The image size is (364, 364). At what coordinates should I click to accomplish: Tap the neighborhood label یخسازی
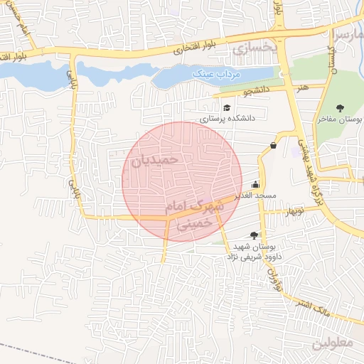pyautogui.click(x=252, y=48)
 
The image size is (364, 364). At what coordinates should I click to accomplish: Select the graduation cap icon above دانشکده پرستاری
pyautogui.click(x=227, y=108)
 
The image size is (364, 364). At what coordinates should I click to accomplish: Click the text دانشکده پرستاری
pyautogui.click(x=227, y=119)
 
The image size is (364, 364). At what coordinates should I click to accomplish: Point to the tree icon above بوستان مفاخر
pyautogui.click(x=340, y=108)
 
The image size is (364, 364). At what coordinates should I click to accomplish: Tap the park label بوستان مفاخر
pyautogui.click(x=340, y=119)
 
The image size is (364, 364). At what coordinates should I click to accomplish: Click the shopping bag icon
pyautogui.click(x=273, y=146)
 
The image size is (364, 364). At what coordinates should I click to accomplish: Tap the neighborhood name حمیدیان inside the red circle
pyautogui.click(x=154, y=161)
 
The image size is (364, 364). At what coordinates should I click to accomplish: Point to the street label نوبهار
pyautogui.click(x=294, y=212)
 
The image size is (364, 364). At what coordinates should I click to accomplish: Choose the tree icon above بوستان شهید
pyautogui.click(x=255, y=235)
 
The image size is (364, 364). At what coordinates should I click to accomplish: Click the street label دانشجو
pyautogui.click(x=257, y=92)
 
